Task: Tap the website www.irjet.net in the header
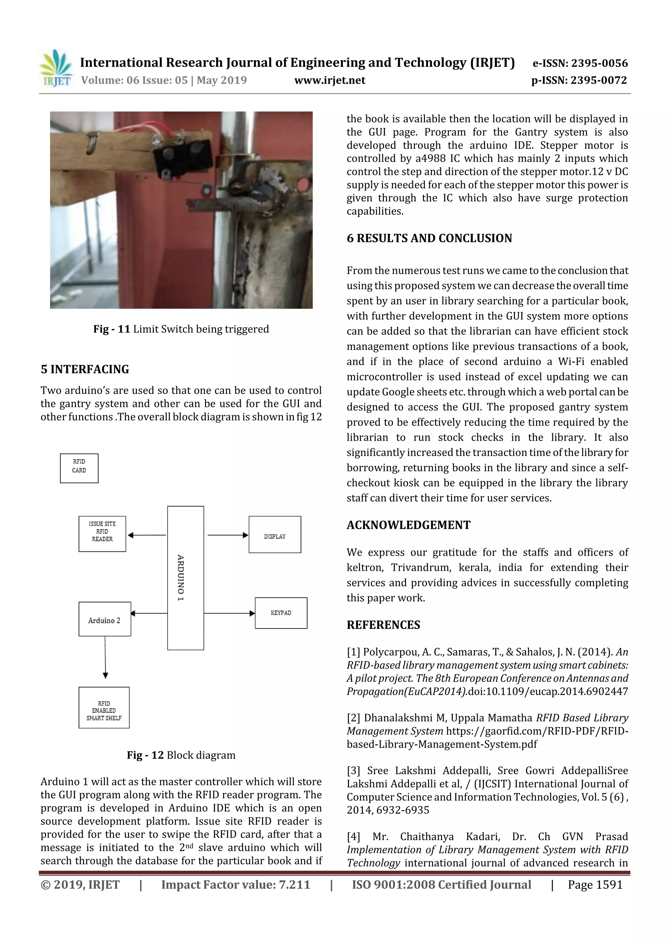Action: (329, 80)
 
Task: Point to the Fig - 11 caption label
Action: (112, 329)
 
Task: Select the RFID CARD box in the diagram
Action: (79, 468)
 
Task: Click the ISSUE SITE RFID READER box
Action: (102, 534)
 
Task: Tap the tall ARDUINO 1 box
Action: (186, 578)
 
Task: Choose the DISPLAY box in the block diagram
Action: (274, 534)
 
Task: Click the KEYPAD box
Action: (281, 613)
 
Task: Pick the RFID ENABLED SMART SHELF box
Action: (104, 708)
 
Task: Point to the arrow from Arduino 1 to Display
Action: (228, 535)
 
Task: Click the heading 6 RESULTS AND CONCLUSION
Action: (429, 238)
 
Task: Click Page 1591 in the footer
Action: (595, 885)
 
